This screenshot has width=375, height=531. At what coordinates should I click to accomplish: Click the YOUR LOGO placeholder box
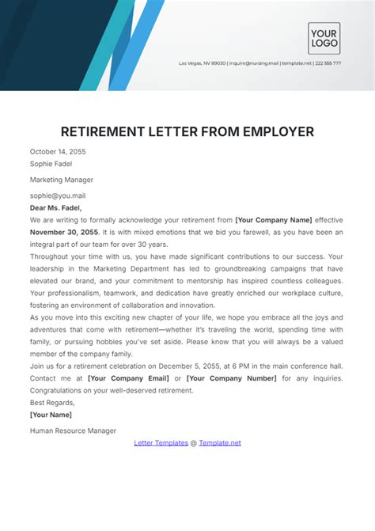(x=324, y=38)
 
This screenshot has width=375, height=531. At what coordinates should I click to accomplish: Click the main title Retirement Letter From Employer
(x=187, y=131)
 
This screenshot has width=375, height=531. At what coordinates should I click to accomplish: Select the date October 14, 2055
(x=58, y=151)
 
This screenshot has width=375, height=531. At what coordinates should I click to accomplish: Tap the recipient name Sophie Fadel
(x=51, y=165)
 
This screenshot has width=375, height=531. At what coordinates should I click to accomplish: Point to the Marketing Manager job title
(x=62, y=180)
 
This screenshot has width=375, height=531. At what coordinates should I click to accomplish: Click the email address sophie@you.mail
(x=57, y=195)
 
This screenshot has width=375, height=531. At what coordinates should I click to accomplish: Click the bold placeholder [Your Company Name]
(x=274, y=219)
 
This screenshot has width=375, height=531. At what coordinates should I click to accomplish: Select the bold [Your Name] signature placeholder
(x=51, y=415)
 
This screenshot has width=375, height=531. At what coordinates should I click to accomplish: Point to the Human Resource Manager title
(x=73, y=430)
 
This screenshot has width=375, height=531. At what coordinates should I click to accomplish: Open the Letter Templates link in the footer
(x=161, y=443)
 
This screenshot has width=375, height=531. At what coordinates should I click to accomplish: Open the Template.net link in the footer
(x=220, y=443)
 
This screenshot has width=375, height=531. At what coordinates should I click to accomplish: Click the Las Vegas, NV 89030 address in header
(x=203, y=63)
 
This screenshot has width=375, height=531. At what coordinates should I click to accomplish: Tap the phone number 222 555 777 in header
(x=328, y=63)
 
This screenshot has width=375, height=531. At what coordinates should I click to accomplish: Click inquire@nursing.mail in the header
(x=255, y=63)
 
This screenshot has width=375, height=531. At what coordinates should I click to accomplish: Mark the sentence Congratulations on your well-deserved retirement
(x=111, y=390)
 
